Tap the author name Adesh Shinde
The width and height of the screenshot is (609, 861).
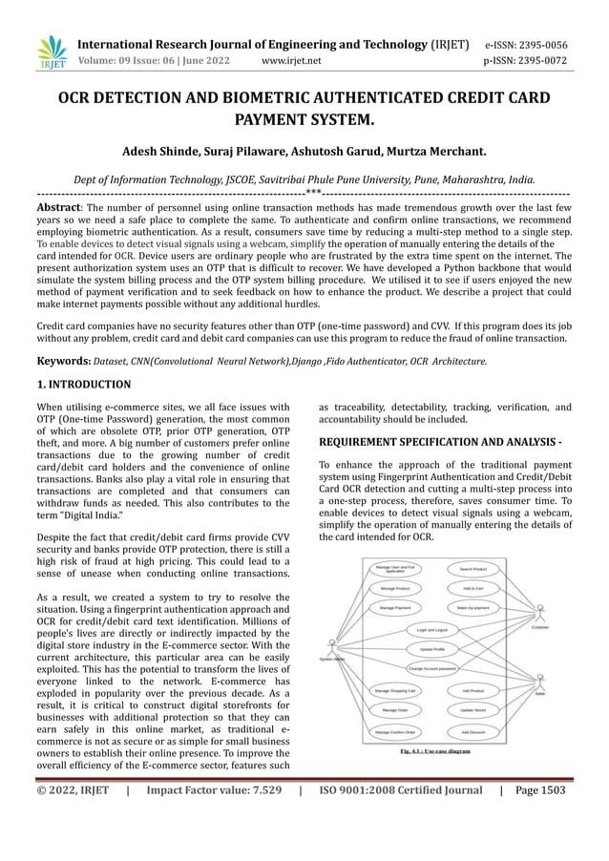click(x=158, y=151)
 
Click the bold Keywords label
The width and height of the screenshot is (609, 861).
click(x=63, y=361)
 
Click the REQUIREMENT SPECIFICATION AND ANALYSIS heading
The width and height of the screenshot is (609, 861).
click(x=440, y=443)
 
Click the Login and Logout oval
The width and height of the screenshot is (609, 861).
click(x=431, y=630)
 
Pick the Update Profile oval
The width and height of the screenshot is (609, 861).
click(x=431, y=649)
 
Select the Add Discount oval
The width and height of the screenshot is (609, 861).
click(x=472, y=732)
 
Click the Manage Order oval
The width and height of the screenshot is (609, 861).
click(x=394, y=710)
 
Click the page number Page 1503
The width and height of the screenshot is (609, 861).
click(x=540, y=790)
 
